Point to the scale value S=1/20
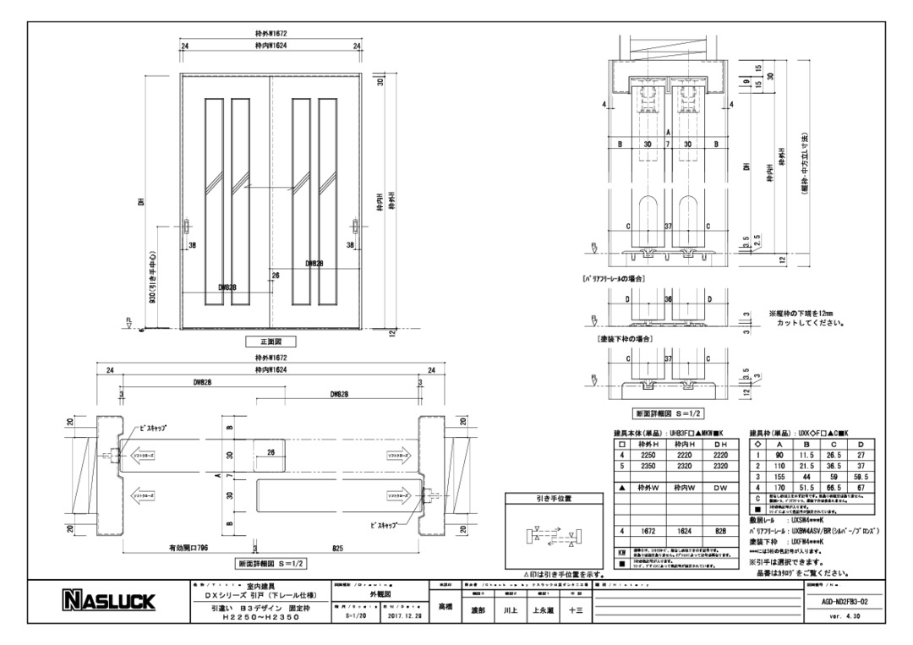358,617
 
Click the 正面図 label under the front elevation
271,342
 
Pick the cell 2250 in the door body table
648,454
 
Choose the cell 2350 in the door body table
648,465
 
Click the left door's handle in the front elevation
188,229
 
